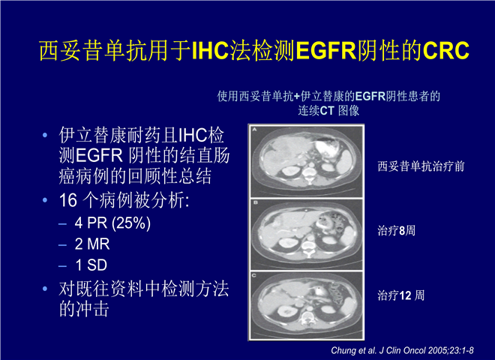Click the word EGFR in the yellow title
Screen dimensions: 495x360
pyautogui.click(x=326, y=50)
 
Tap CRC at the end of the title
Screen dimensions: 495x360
pyautogui.click(x=445, y=50)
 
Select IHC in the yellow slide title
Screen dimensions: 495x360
pyautogui.click(x=210, y=50)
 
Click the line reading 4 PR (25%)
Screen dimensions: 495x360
pyautogui.click(x=112, y=223)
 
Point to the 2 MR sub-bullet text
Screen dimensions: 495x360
pyautogui.click(x=92, y=244)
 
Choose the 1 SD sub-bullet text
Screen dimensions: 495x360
pyautogui.click(x=91, y=265)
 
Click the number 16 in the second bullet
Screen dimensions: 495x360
pyautogui.click(x=68, y=200)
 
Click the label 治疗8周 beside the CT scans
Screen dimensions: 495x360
pyautogui.click(x=396, y=231)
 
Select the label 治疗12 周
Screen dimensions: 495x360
pyautogui.click(x=401, y=295)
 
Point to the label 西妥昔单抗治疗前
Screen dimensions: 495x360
pyautogui.click(x=421, y=166)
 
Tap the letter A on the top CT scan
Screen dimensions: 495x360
pyautogui.click(x=254, y=129)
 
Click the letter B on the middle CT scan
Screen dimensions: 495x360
pyautogui.click(x=255, y=202)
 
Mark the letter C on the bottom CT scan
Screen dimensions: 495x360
pyautogui.click(x=254, y=275)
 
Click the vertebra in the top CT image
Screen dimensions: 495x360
pyautogui.click(x=308, y=175)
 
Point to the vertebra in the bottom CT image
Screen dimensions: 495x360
pyautogui.click(x=308, y=316)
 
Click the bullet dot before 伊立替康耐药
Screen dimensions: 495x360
pyautogui.click(x=45, y=135)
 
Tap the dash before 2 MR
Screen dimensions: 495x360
pyautogui.click(x=62, y=244)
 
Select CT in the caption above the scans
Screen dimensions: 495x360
pyautogui.click(x=327, y=111)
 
